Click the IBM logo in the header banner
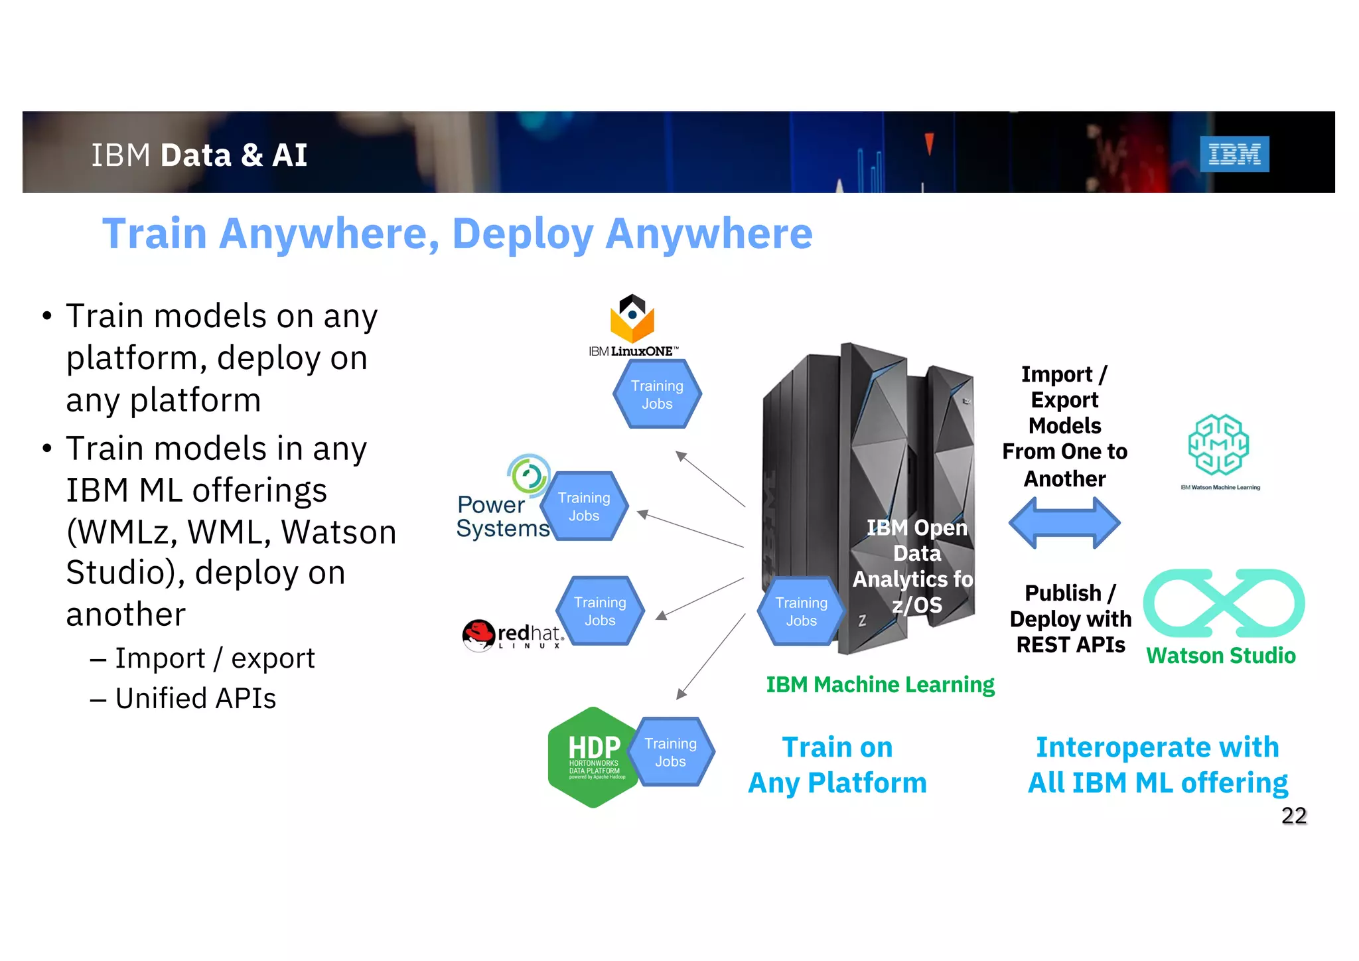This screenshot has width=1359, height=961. [x=1234, y=154]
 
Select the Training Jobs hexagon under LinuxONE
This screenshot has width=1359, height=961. [x=657, y=394]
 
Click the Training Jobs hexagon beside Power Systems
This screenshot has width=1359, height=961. [x=584, y=506]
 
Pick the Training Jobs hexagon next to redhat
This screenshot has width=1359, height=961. [x=600, y=611]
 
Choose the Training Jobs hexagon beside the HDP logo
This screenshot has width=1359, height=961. [x=671, y=752]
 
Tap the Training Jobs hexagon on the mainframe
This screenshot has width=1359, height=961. [x=801, y=611]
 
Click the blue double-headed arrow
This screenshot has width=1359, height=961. [x=1064, y=523]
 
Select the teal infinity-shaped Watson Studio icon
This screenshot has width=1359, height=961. [x=1223, y=603]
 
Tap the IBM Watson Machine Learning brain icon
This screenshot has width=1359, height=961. [x=1218, y=444]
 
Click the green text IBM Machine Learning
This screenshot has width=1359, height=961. [x=880, y=684]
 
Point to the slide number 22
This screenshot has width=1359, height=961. [x=1293, y=815]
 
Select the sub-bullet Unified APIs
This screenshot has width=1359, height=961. [x=195, y=698]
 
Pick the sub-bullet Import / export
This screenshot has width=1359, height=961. [x=214, y=658]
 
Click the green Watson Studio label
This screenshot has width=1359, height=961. [x=1220, y=656]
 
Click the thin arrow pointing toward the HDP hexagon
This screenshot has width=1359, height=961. [x=711, y=657]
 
